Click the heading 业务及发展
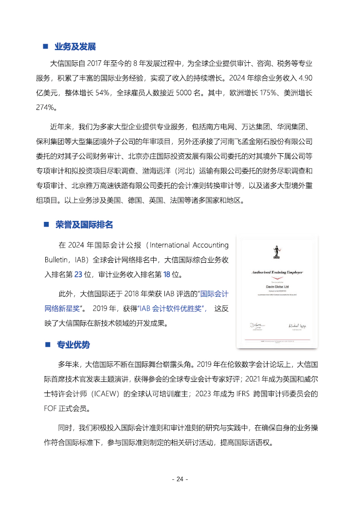[x=75, y=47]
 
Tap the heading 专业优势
[x=73, y=344]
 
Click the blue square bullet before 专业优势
[x=47, y=344]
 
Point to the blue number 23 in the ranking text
[x=78, y=275]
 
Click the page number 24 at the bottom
[x=180, y=479]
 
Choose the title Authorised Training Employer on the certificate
[x=276, y=272]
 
